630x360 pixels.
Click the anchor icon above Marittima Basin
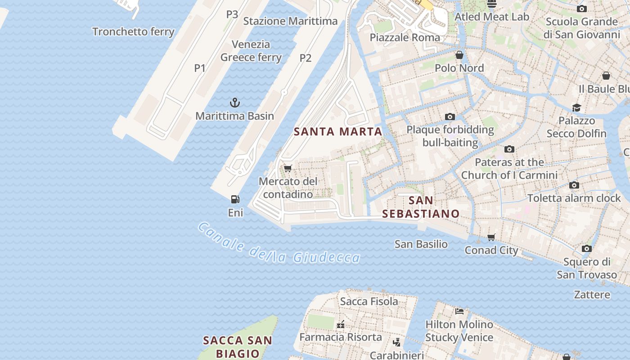pyautogui.click(x=234, y=103)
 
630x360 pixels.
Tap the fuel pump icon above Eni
pyautogui.click(x=235, y=199)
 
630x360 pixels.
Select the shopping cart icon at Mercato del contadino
pyautogui.click(x=288, y=168)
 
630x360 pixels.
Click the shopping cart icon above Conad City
pyautogui.click(x=491, y=237)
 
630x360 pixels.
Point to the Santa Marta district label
pyautogui.click(x=338, y=132)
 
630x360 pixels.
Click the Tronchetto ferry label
pyautogui.click(x=133, y=31)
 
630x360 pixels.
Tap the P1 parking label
pyautogui.click(x=200, y=68)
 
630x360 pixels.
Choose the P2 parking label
pyautogui.click(x=306, y=58)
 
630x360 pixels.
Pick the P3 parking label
pyautogui.click(x=232, y=14)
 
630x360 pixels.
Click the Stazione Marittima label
pyautogui.click(x=290, y=21)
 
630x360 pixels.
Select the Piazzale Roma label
pyautogui.click(x=405, y=37)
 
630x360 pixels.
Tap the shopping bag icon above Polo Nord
pyautogui.click(x=459, y=55)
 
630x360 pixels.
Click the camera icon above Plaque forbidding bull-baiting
pyautogui.click(x=450, y=117)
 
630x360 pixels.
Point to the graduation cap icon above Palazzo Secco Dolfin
pyautogui.click(x=576, y=108)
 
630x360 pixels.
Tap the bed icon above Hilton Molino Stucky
pyautogui.click(x=459, y=311)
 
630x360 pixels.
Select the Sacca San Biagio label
pyautogui.click(x=238, y=346)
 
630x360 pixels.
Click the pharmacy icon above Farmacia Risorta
pyautogui.click(x=341, y=324)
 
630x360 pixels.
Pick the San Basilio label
pyautogui.click(x=421, y=244)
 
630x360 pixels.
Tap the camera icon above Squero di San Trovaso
pyautogui.click(x=586, y=248)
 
